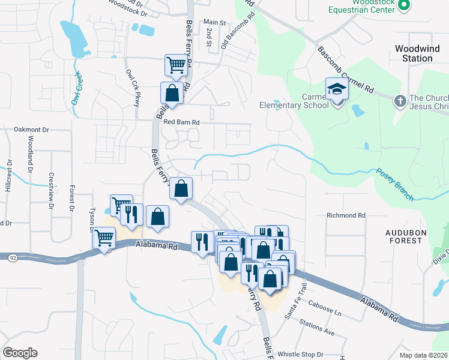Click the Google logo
click(20, 352)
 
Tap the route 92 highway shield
click(12, 257)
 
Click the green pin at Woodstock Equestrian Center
click(404, 5)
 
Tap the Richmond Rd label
click(346, 215)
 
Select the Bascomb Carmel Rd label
click(346, 71)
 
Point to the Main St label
click(214, 22)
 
